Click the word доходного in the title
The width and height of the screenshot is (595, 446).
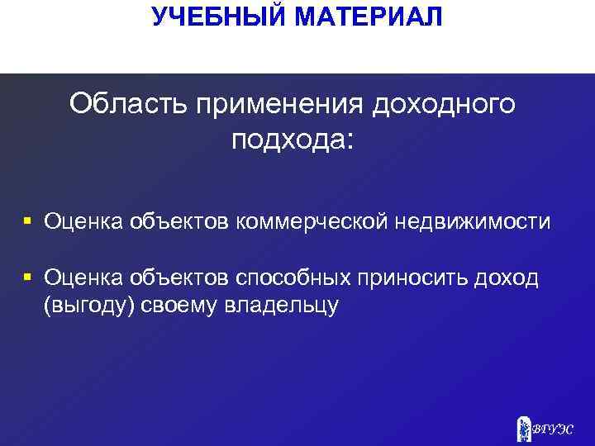(445, 105)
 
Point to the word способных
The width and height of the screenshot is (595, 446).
(286, 278)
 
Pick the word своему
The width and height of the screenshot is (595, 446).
(172, 306)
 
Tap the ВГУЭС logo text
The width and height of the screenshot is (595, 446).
(555, 429)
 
